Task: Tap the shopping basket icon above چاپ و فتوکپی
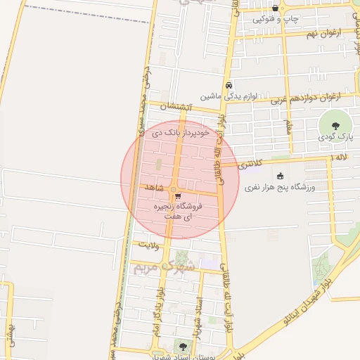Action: tap(275, 8)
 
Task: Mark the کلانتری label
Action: tap(248, 164)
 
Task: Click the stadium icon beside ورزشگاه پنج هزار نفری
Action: tap(281, 176)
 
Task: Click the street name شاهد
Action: tap(153, 188)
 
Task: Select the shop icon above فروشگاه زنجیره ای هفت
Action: tap(178, 196)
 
